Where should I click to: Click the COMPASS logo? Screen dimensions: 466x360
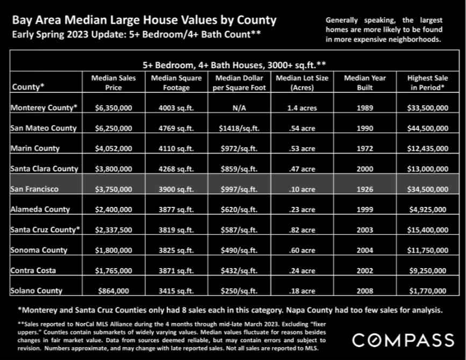403,340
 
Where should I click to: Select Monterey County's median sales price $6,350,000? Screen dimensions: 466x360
113,108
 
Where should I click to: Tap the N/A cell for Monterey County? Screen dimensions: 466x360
239,108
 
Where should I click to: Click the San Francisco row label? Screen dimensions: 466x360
34,189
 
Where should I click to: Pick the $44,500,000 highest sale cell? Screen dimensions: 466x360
428,128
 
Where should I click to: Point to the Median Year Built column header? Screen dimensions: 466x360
365,83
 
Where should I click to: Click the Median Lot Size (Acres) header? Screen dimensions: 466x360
302,83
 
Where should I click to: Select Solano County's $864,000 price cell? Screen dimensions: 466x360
113,291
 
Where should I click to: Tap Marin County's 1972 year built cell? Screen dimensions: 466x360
365,148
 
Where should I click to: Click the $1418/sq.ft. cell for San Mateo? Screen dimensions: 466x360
239,128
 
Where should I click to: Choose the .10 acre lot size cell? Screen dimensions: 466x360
302,189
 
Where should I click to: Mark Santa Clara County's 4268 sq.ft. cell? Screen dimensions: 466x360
176,169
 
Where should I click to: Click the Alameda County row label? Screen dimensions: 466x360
40,210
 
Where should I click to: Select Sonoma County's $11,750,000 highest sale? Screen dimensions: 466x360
428,250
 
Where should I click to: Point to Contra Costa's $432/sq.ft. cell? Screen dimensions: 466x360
239,271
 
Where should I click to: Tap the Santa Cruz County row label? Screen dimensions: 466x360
45,229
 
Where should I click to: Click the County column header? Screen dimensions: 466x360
28,87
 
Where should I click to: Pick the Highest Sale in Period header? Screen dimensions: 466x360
428,83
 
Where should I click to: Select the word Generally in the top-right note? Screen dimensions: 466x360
342,20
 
